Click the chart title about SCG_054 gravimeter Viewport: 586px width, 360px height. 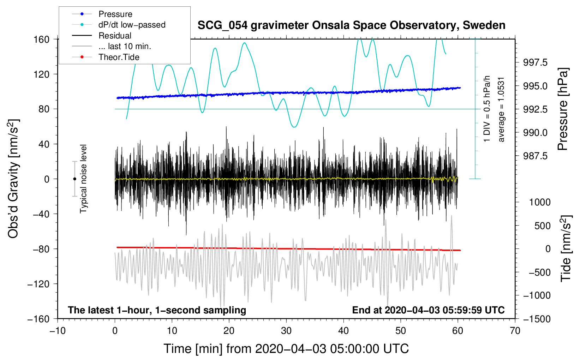click(x=351, y=25)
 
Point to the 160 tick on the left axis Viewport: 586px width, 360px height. click(x=42, y=40)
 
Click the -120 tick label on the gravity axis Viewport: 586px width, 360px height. click(x=38, y=284)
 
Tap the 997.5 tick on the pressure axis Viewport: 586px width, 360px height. click(x=535, y=62)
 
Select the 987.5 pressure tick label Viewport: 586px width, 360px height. click(x=535, y=156)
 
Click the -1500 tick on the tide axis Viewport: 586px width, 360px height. click(x=537, y=319)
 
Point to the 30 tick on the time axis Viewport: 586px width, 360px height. click(x=286, y=331)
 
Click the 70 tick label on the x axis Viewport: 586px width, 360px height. click(x=515, y=331)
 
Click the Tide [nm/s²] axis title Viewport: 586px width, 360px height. click(x=566, y=248)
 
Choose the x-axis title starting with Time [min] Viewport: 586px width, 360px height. click(x=286, y=349)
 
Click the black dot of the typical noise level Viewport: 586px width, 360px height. click(x=74, y=179)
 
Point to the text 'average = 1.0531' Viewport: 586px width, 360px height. click(x=501, y=110)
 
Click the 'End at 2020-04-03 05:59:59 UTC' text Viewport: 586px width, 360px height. click(x=428, y=310)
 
